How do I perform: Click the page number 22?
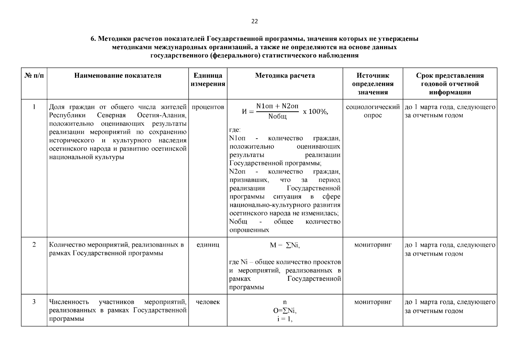click(x=254, y=21)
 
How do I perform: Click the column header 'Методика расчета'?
click(x=285, y=76)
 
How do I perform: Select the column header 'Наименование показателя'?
click(x=118, y=76)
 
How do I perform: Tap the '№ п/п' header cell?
click(x=34, y=76)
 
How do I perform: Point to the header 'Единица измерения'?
click(x=208, y=80)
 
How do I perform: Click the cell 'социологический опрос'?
click(x=373, y=111)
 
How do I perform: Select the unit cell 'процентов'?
click(x=208, y=107)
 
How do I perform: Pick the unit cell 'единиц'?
click(x=208, y=245)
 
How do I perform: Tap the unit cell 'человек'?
click(x=208, y=302)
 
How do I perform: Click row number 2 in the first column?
click(x=34, y=245)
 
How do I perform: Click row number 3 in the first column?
click(x=34, y=302)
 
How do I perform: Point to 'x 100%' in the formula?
click(x=316, y=112)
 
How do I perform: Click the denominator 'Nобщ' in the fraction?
click(x=277, y=117)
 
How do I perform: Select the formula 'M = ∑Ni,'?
click(x=285, y=245)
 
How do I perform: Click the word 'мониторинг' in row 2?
click(x=373, y=245)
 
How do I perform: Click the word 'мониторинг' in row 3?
click(x=373, y=302)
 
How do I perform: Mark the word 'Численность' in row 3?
click(x=69, y=302)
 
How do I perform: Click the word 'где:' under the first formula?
click(x=235, y=130)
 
